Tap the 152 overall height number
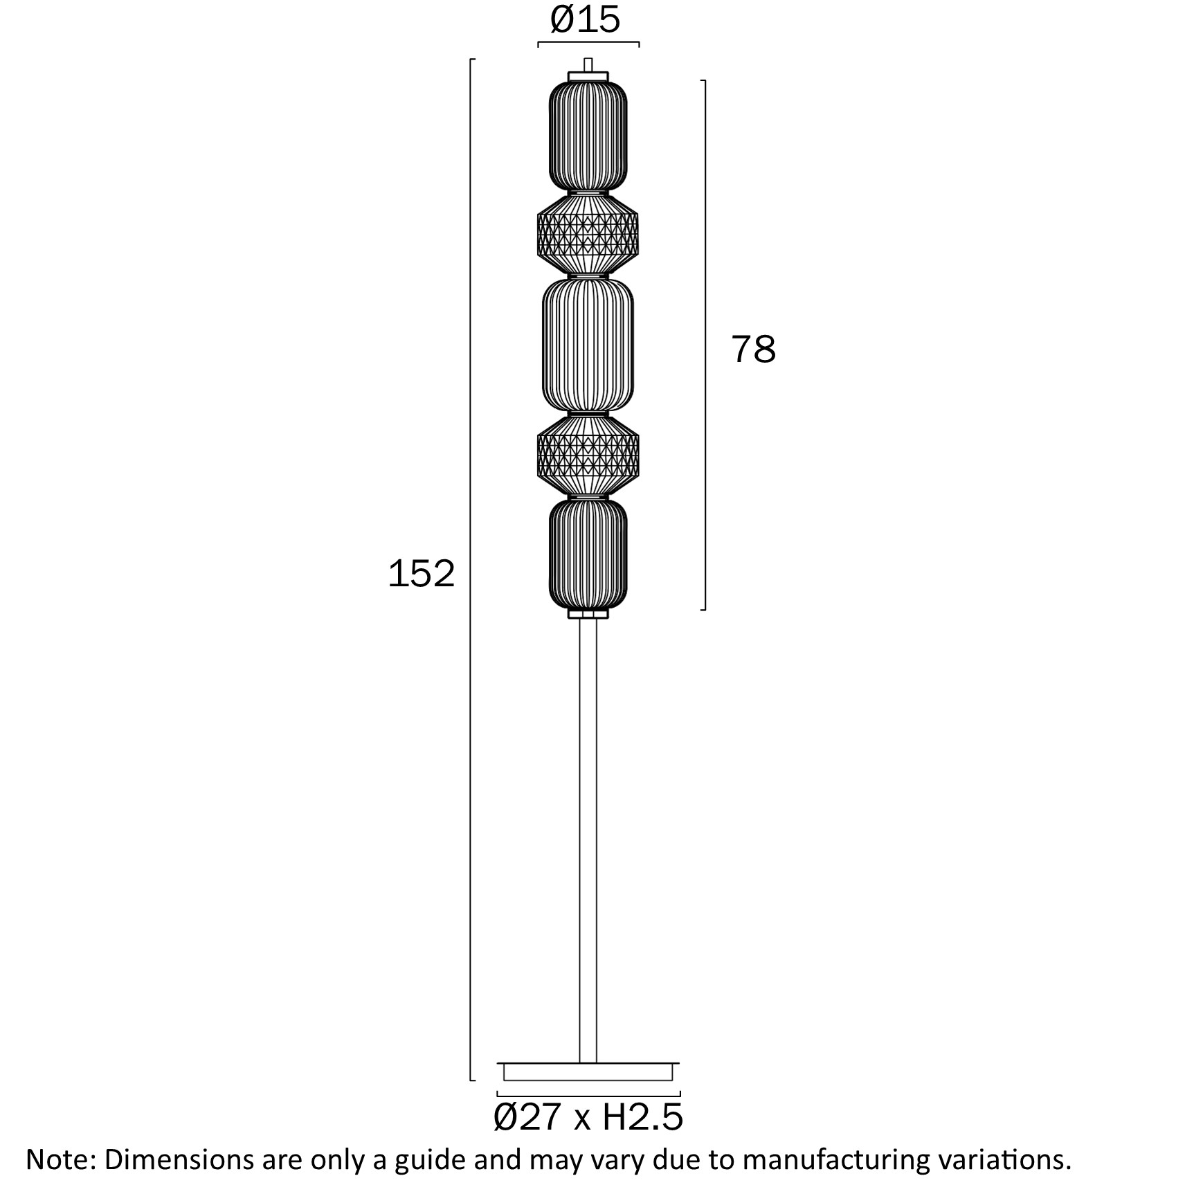pyautogui.click(x=421, y=574)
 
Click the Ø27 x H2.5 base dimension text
pyautogui.click(x=588, y=1117)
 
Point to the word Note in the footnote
pyautogui.click(x=57, y=1159)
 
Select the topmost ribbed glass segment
pyautogui.click(x=588, y=135)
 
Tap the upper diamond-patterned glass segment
pyautogui.click(x=588, y=233)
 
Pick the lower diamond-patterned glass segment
pyautogui.click(x=588, y=455)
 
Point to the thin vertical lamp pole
pyautogui.click(x=588, y=831)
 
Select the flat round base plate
pyautogui.click(x=588, y=1072)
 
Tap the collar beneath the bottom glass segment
pyautogui.click(x=588, y=613)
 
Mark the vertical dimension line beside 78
pyautogui.click(x=705, y=208)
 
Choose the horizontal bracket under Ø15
pyautogui.click(x=588, y=44)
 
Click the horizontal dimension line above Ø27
pyautogui.click(x=588, y=1094)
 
